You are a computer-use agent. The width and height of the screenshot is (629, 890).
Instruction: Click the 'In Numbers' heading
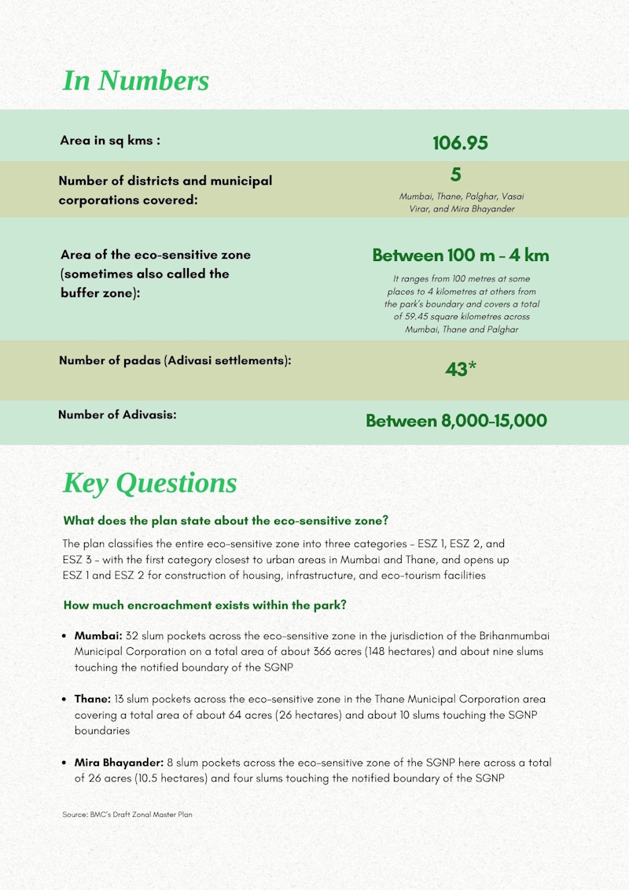[x=135, y=80]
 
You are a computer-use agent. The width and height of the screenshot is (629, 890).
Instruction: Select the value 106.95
[x=460, y=143]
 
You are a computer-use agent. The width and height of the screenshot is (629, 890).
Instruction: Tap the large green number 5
[x=456, y=175]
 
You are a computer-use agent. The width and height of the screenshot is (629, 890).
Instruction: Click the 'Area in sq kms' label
[x=110, y=141]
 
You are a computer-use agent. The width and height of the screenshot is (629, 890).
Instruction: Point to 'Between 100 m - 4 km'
[x=460, y=256]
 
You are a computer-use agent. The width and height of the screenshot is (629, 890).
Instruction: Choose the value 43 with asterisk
[x=460, y=369]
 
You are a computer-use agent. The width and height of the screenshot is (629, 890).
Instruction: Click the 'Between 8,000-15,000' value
[x=456, y=421]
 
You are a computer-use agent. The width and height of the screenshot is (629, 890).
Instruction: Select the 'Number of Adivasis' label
[x=117, y=414]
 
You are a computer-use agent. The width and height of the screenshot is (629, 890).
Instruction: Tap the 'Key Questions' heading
[x=149, y=483]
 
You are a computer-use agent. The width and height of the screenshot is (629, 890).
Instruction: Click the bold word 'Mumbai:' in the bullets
[x=98, y=634]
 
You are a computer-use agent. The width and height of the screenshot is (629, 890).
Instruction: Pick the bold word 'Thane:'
[x=93, y=698]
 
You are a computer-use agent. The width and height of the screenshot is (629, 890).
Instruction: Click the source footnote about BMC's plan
[x=127, y=815]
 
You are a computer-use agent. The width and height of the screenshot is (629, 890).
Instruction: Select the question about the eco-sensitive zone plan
[x=226, y=520]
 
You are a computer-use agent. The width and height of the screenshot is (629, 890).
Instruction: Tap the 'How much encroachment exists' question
[x=205, y=605]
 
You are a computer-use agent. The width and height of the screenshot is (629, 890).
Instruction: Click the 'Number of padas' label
[x=175, y=361]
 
